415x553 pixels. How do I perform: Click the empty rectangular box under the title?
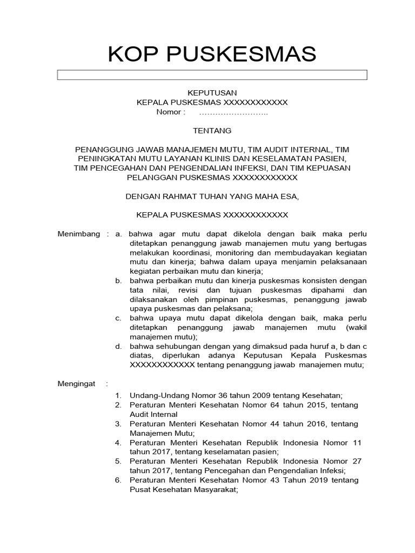pos(212,75)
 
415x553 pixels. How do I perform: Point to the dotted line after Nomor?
pos(233,113)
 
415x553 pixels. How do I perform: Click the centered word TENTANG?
pos(212,131)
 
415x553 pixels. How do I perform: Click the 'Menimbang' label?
pos(79,234)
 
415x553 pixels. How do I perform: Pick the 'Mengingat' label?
pos(76,383)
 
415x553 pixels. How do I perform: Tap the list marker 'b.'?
pos(118,281)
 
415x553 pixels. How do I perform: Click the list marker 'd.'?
pos(118,346)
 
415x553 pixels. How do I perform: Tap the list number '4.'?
pos(118,442)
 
